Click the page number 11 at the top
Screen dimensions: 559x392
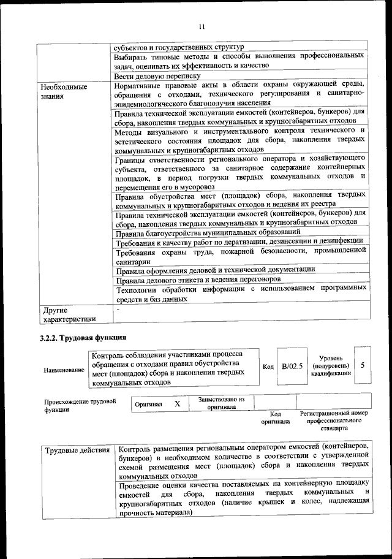tap(201, 25)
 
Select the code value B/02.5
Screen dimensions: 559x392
tap(292, 366)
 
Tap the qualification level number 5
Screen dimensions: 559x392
tap(364, 365)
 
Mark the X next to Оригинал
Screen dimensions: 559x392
tap(177, 405)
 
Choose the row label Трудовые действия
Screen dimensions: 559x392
tap(78, 451)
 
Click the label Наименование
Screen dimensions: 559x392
tap(64, 370)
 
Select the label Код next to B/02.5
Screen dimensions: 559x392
tap(268, 367)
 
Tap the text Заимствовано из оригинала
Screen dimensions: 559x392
tap(221, 403)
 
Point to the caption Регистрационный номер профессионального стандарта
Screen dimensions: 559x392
tap(334, 421)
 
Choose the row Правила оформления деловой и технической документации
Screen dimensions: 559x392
tap(216, 269)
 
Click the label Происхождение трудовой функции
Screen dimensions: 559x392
tap(80, 406)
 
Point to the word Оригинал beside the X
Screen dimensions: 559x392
tap(149, 405)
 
